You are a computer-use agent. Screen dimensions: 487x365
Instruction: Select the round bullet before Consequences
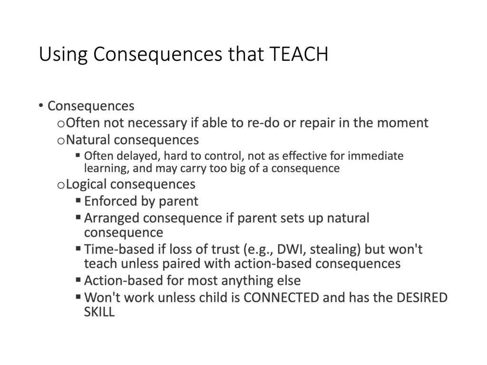pyautogui.click(x=41, y=106)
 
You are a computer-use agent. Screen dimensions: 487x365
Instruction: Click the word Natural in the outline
pyautogui.click(x=88, y=140)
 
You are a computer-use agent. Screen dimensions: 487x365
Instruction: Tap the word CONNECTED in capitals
pyautogui.click(x=282, y=298)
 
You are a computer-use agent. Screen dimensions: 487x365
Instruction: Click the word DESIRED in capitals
pyautogui.click(x=422, y=298)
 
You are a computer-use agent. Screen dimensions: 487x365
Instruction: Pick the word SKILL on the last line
pyautogui.click(x=99, y=312)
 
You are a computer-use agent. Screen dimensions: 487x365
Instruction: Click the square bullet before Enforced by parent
pyautogui.click(x=78, y=200)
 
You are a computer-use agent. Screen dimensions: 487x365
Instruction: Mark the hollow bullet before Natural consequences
pyautogui.click(x=61, y=141)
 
